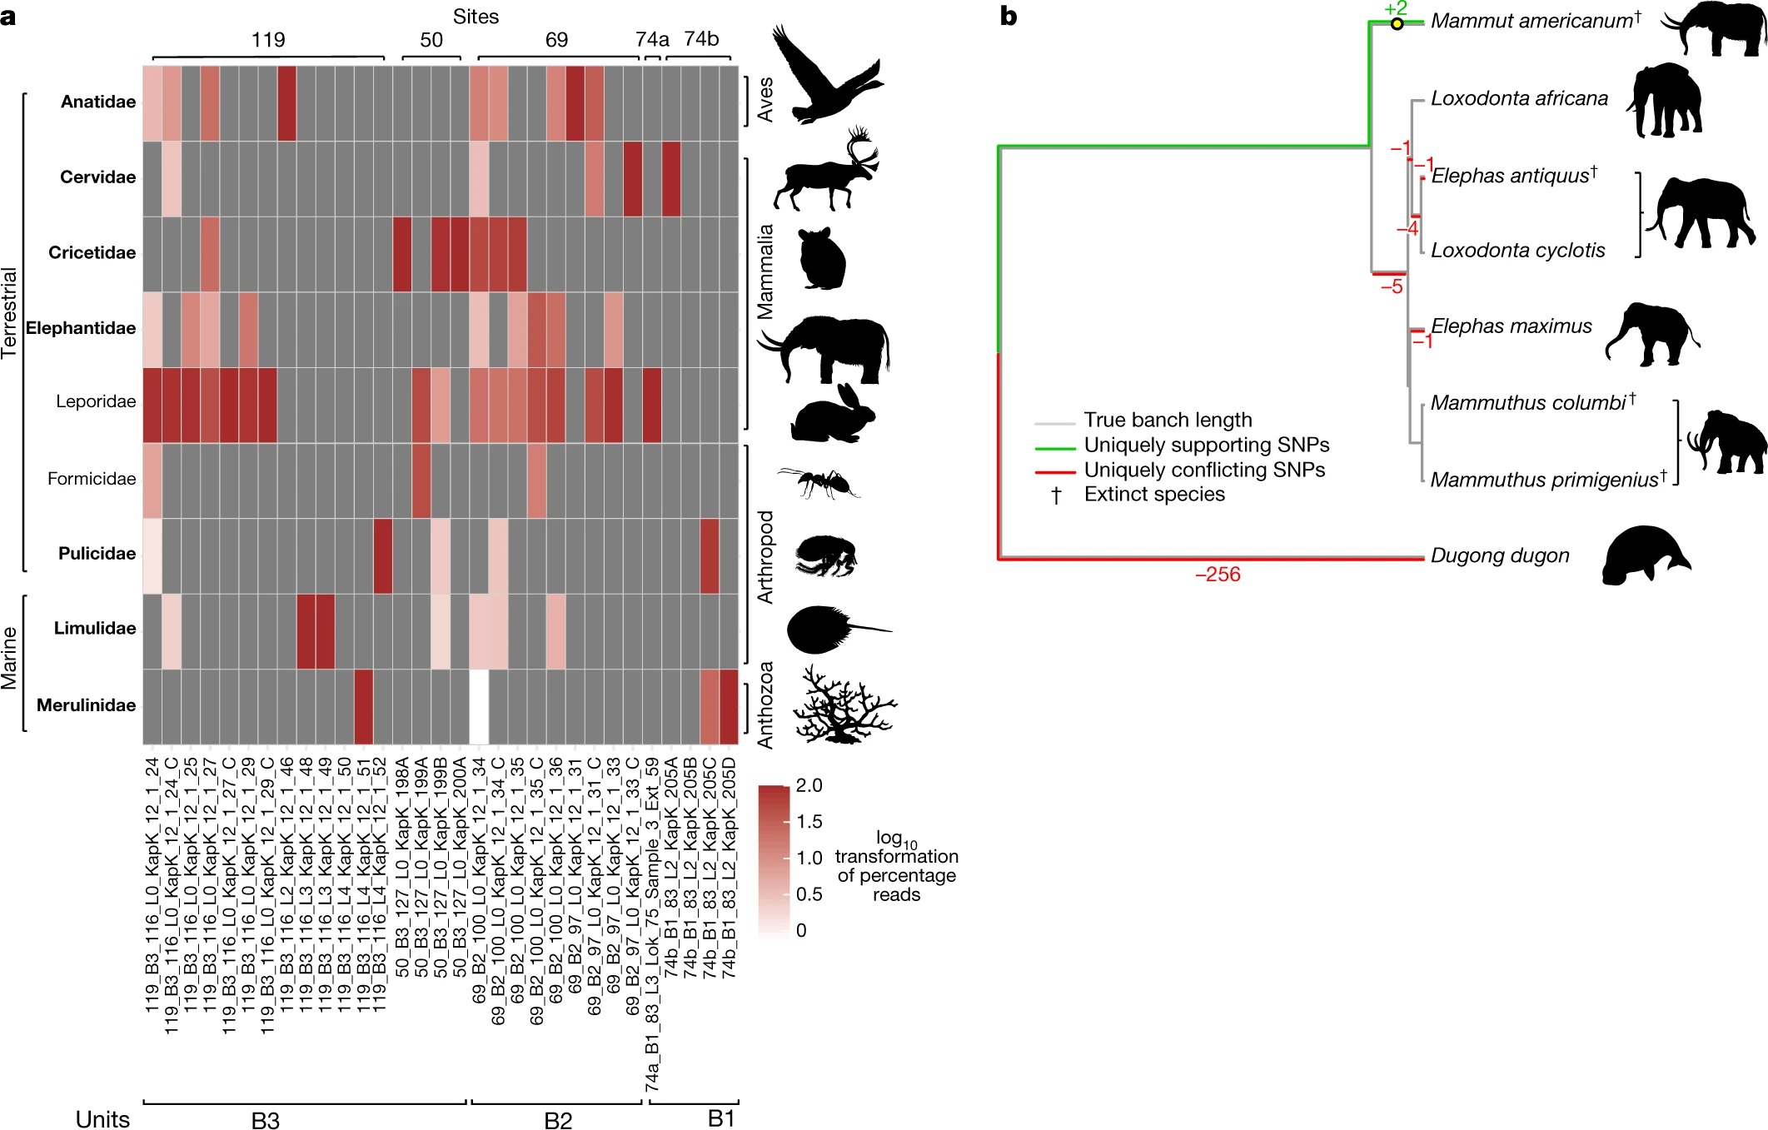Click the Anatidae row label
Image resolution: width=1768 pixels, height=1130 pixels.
(x=97, y=102)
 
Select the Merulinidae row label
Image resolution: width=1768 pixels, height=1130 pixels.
(x=86, y=705)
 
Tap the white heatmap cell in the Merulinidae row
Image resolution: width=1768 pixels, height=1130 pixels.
(x=479, y=706)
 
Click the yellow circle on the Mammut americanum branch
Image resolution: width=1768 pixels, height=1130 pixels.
(x=1397, y=24)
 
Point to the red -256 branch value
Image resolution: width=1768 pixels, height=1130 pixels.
(x=1218, y=575)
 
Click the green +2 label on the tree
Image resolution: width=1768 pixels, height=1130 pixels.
(x=1396, y=8)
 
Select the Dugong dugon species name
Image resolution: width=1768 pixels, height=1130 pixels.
(x=1500, y=555)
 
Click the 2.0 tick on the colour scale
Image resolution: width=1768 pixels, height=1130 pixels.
(x=809, y=785)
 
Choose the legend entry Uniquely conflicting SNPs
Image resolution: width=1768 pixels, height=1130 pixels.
(x=1203, y=470)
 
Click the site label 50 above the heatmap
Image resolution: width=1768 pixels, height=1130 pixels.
(x=431, y=40)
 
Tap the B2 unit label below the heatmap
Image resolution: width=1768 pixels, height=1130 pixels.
(x=558, y=1120)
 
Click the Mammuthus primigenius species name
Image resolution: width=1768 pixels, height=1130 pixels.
(x=1545, y=480)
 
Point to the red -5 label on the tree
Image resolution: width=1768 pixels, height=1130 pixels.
(x=1392, y=287)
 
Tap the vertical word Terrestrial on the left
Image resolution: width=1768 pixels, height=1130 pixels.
(x=10, y=313)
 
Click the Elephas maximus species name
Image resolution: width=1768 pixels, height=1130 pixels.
(x=1511, y=326)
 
